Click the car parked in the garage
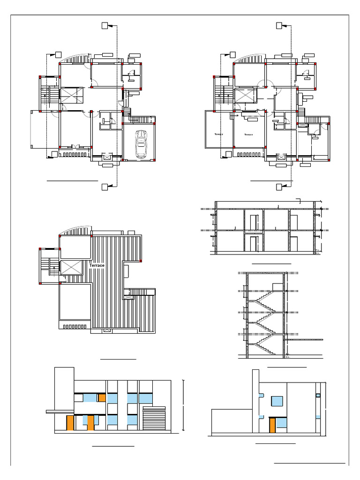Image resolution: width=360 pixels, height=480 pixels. pyautogui.click(x=141, y=144)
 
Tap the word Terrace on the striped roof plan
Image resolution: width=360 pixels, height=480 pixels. pyautogui.click(x=97, y=265)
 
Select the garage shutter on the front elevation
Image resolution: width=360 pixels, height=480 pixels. pyautogui.click(x=154, y=419)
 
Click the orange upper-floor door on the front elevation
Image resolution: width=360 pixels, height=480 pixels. pyautogui.click(x=102, y=398)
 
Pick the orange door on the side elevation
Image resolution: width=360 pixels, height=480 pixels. pyautogui.click(x=272, y=426)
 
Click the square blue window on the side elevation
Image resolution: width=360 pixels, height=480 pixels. pyautogui.click(x=277, y=401)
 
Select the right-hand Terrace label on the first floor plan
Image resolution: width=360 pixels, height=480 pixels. pyautogui.click(x=248, y=134)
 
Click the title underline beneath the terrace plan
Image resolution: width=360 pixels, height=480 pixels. pyautogui.click(x=118, y=359)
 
